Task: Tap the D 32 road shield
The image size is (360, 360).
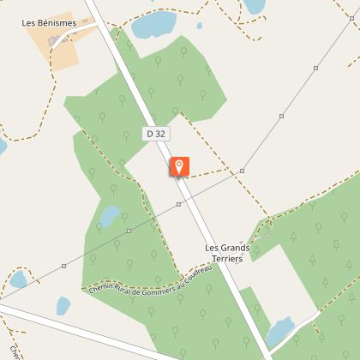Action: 155,134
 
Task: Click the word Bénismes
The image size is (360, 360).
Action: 61,23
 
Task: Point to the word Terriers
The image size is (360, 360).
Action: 228,259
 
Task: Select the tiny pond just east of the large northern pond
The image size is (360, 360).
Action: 200,26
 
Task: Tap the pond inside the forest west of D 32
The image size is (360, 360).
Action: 110,215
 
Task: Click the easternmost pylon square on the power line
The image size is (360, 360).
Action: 316,68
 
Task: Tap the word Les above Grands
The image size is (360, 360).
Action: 213,249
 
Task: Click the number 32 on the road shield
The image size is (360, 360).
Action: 159,134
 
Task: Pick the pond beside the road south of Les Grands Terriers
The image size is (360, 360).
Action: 279,332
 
